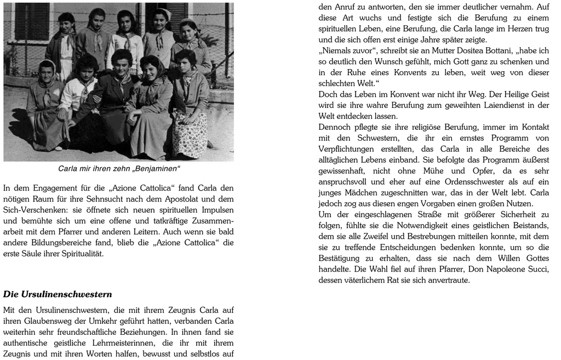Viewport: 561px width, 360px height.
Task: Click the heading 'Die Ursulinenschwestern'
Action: pyautogui.click(x=58, y=294)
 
